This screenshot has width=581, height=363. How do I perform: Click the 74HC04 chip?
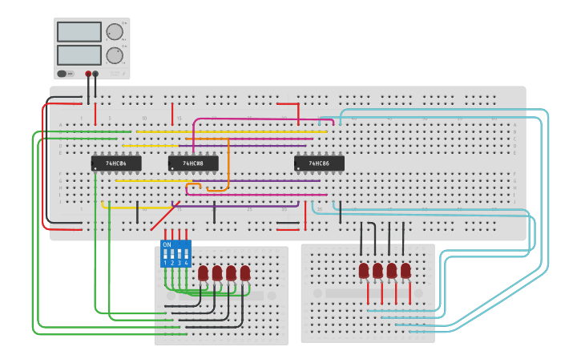point(116,163)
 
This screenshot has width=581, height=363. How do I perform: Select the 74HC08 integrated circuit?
point(193,163)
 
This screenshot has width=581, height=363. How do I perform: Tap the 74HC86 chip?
point(319,163)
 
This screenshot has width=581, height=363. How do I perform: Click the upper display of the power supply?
point(79,32)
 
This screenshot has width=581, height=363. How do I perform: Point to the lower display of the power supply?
point(79,55)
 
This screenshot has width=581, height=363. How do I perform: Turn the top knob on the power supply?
point(115,32)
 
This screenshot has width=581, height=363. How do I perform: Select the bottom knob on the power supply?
point(115,55)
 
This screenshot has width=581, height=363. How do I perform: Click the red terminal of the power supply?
point(88,74)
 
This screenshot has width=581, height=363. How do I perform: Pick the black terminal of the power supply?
point(95,74)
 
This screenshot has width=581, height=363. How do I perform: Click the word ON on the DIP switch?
point(167,244)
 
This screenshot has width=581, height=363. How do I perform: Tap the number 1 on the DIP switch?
point(166,263)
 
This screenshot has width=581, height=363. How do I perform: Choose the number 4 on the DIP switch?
point(186,263)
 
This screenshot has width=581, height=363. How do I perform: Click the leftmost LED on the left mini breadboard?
point(204,273)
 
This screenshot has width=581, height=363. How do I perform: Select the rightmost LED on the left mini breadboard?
point(245,273)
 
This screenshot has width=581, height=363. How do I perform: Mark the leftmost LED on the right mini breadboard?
point(364,271)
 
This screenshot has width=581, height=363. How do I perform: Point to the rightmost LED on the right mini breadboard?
point(405,271)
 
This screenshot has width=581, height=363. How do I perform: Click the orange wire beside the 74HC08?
point(228,164)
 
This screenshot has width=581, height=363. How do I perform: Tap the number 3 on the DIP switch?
point(180,263)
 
